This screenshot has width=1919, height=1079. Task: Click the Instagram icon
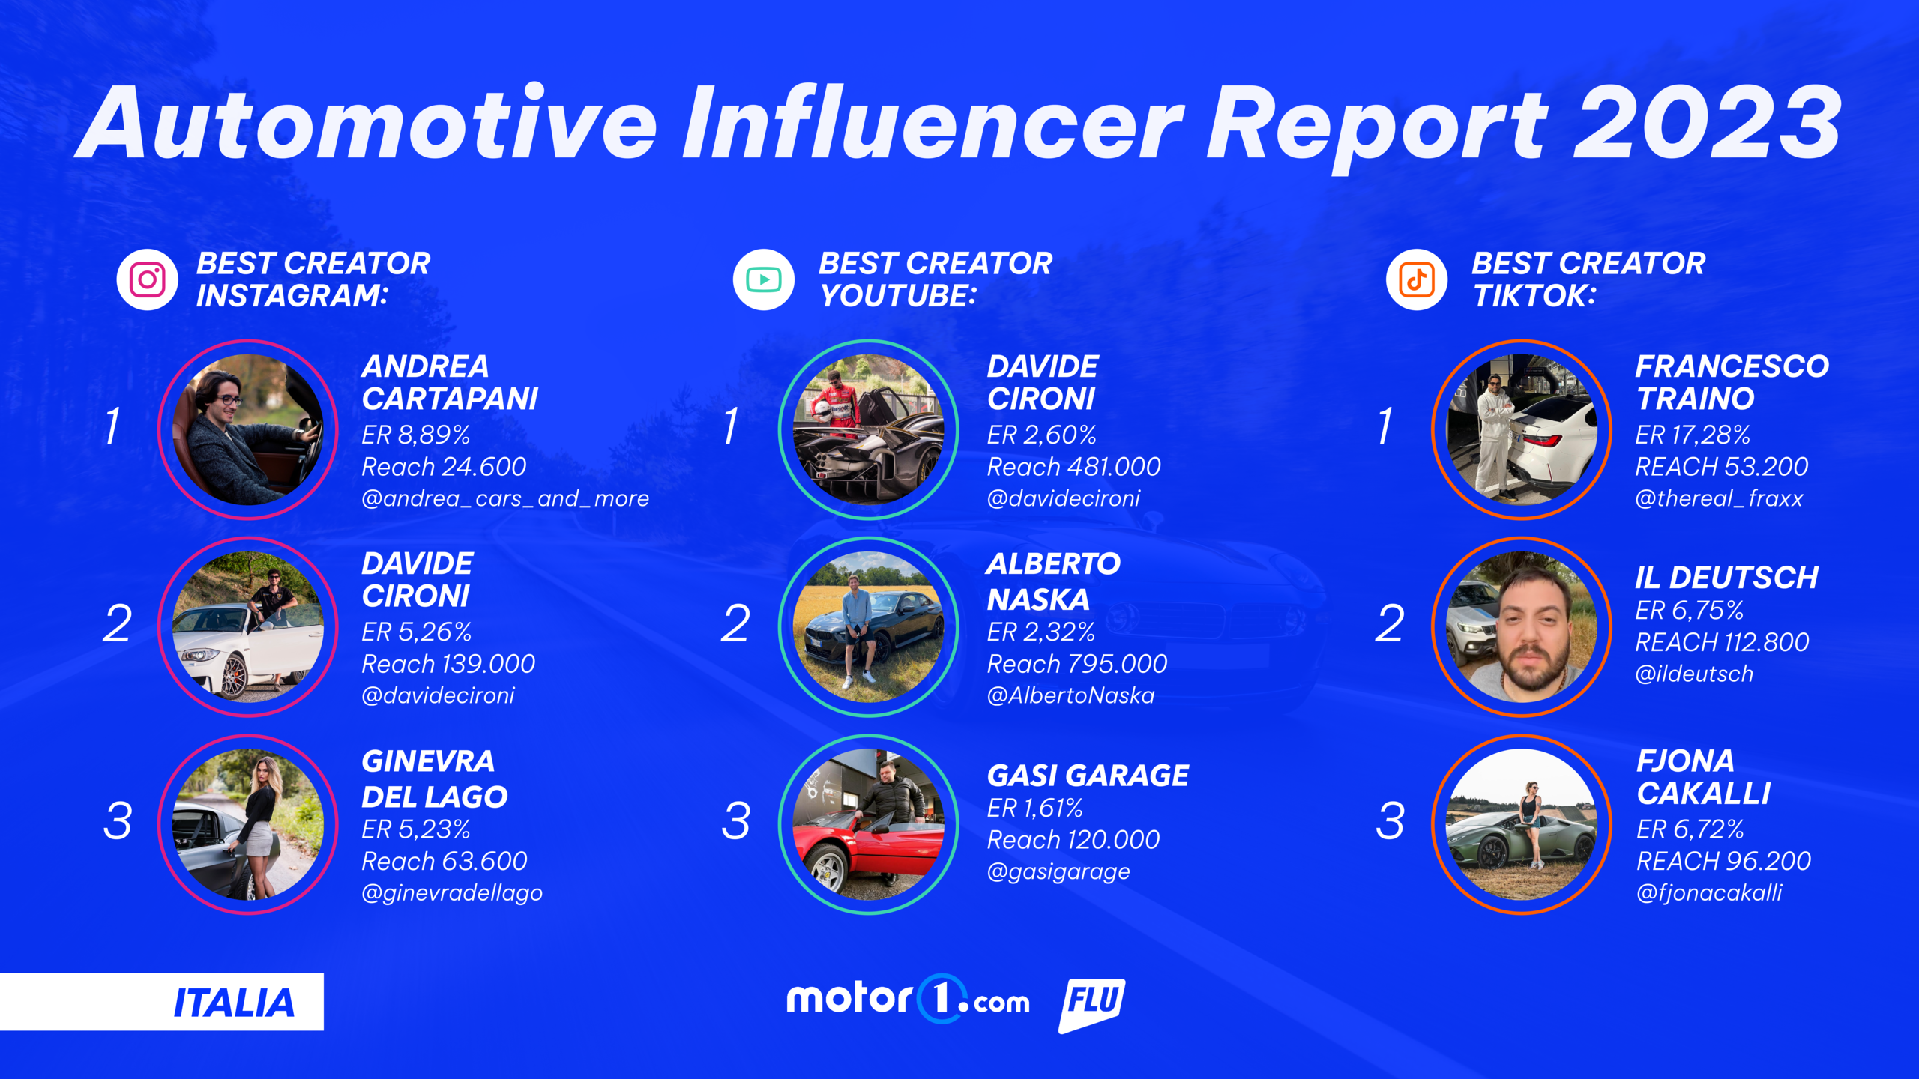(148, 279)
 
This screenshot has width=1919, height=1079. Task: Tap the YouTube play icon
(764, 279)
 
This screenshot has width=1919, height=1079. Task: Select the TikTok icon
(1417, 279)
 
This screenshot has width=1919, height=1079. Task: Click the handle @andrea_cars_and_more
(505, 498)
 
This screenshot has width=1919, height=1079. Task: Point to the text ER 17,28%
(1693, 435)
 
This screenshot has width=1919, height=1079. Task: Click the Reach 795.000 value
(1077, 664)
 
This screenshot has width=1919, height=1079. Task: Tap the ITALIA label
(234, 1003)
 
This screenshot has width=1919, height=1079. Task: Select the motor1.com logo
(908, 999)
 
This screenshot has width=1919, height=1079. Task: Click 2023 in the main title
(1708, 122)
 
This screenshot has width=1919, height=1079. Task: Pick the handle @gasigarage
(1058, 871)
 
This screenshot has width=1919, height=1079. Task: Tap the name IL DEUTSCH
(1727, 578)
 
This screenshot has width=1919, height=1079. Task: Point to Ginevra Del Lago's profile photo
(248, 824)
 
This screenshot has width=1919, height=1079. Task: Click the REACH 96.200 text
(1723, 861)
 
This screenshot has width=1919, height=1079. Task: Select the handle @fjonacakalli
(1709, 892)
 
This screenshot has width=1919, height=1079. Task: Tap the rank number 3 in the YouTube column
(735, 820)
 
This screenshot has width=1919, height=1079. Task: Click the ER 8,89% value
(416, 435)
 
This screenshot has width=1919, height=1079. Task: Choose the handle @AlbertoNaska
(1070, 695)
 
